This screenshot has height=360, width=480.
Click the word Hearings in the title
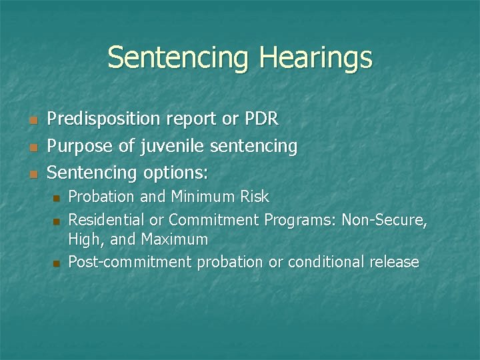click(x=317, y=58)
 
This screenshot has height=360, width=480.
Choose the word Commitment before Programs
click(x=215, y=219)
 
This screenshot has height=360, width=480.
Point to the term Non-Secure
click(x=385, y=219)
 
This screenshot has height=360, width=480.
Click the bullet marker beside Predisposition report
click(x=31, y=121)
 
